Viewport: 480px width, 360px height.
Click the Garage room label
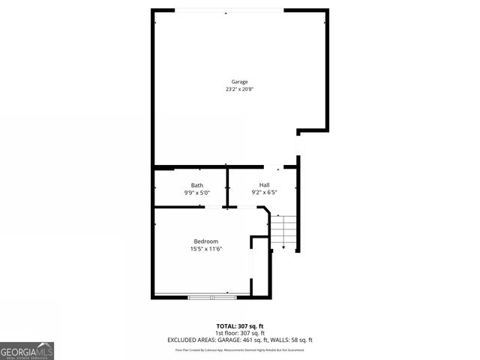tap(239, 82)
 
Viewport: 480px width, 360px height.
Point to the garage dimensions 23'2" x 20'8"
tap(239, 89)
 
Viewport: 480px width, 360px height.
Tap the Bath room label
tap(196, 185)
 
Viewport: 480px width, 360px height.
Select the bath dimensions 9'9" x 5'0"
tap(196, 193)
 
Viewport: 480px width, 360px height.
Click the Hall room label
tap(264, 185)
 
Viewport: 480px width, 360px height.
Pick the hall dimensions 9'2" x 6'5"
tap(264, 193)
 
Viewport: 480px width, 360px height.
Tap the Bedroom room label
tap(205, 241)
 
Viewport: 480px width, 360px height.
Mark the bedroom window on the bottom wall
tap(211, 297)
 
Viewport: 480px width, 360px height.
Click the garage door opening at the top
tap(229, 10)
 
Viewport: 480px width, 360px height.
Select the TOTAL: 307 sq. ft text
tap(239, 325)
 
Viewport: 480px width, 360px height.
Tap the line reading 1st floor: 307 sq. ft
tap(239, 333)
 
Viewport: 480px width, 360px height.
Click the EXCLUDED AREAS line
tap(239, 340)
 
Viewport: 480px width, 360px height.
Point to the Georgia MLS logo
tap(27, 350)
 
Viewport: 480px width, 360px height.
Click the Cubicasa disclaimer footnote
tap(239, 349)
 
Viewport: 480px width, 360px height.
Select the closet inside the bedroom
tap(259, 266)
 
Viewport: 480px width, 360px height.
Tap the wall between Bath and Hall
tap(228, 187)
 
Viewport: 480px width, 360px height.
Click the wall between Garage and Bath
tap(191, 167)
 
